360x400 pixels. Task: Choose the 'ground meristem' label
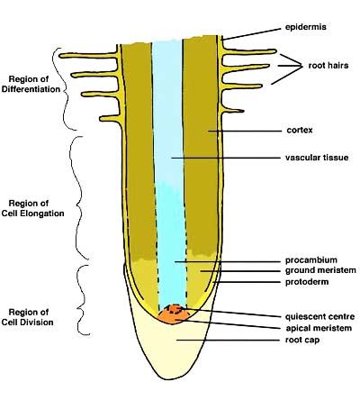(x=315, y=269)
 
